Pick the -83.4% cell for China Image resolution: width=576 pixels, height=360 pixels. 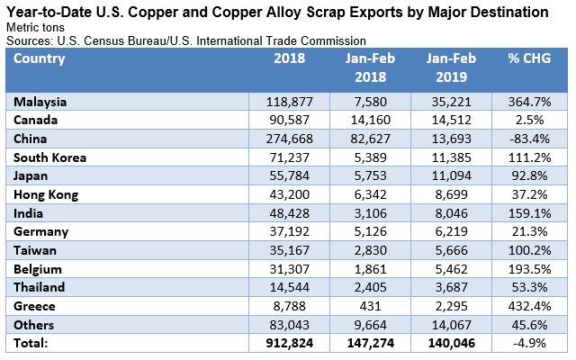click(x=530, y=138)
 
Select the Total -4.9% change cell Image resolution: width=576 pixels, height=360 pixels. click(x=533, y=342)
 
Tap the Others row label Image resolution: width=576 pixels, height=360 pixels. click(x=35, y=325)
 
